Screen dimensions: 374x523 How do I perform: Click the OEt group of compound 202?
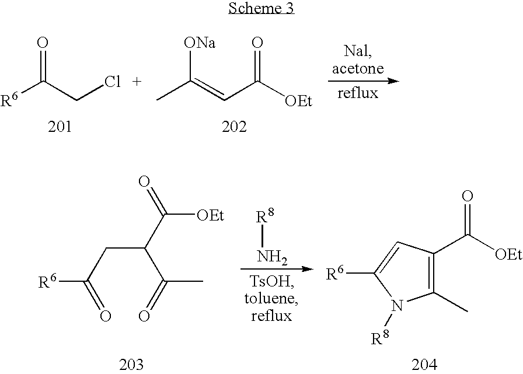(298, 102)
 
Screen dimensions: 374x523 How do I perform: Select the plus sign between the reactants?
(138, 82)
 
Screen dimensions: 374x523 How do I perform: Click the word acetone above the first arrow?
(358, 68)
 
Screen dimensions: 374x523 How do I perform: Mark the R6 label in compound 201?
(13, 102)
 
